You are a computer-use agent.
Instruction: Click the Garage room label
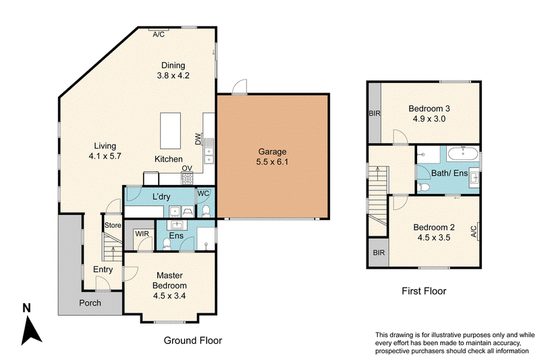[x=272, y=151]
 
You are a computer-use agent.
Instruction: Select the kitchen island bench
[x=171, y=131]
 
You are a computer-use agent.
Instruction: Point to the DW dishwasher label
[x=198, y=139]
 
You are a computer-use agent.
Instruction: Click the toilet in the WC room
[x=206, y=211]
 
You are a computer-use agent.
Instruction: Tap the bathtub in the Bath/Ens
[x=463, y=153]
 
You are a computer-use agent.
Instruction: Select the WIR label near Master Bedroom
[x=142, y=234]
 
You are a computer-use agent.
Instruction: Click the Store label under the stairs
[x=113, y=226]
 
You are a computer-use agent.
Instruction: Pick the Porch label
[x=90, y=303]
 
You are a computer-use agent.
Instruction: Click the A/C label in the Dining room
[x=159, y=34]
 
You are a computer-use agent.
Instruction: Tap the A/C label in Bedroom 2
[x=474, y=232]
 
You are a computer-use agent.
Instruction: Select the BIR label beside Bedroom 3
[x=375, y=113]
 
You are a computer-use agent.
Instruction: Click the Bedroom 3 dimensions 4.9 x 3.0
[x=429, y=119]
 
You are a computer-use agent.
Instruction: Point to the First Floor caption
[x=424, y=291]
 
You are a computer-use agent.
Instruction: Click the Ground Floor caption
[x=193, y=340]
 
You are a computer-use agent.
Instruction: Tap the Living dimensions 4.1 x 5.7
[x=105, y=156]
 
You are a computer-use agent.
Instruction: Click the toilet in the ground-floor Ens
[x=167, y=245]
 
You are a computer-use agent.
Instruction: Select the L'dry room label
[x=161, y=197]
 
